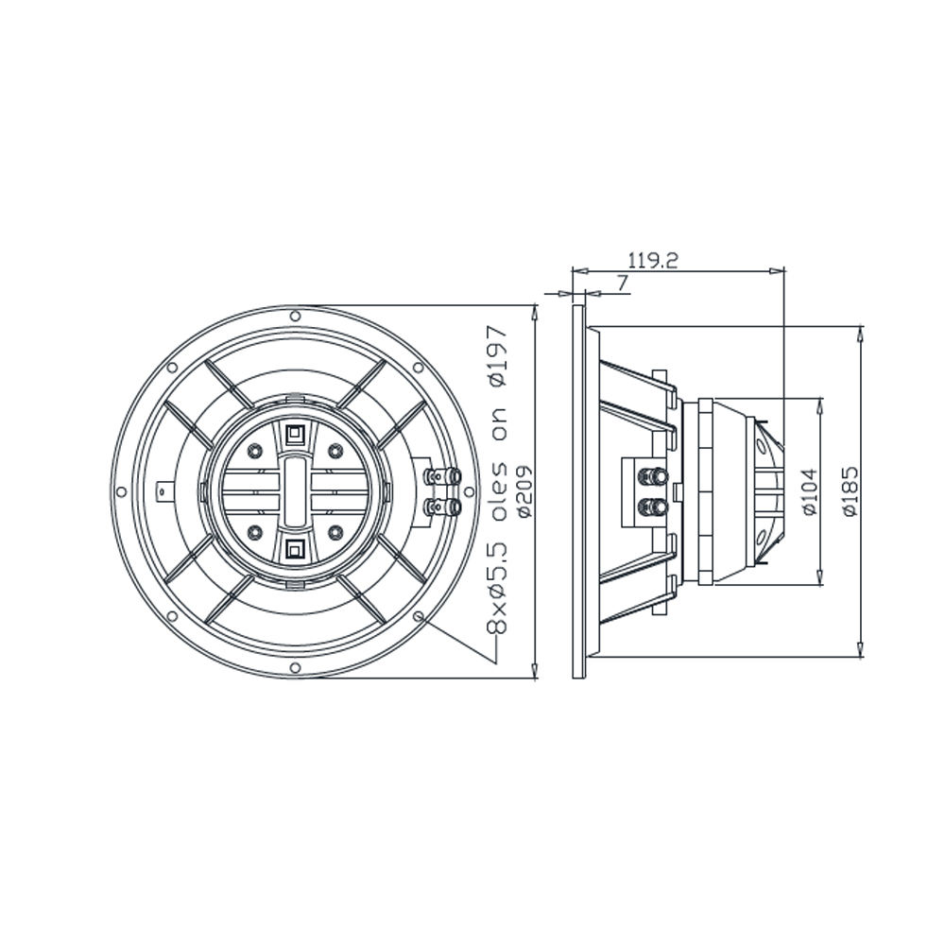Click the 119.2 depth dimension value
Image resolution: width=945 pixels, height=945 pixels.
(653, 261)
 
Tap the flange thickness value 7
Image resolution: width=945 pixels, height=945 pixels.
(623, 282)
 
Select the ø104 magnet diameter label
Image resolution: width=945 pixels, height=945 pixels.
(810, 491)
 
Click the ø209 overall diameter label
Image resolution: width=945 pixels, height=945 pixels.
(524, 491)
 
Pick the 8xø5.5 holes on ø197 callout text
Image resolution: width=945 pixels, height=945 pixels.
(498, 479)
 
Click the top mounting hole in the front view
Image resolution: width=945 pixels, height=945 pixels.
(295, 316)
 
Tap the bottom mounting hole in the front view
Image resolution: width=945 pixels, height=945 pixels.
(295, 666)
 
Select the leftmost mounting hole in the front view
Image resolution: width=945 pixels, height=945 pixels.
(121, 491)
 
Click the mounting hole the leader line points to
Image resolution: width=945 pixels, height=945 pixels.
(419, 615)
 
